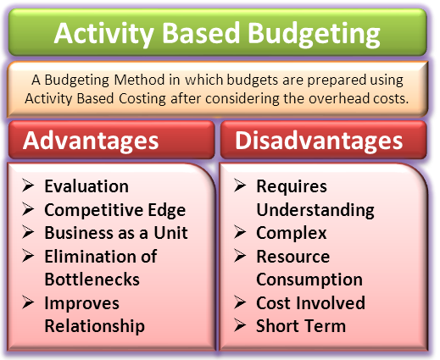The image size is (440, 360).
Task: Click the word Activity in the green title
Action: point(103,34)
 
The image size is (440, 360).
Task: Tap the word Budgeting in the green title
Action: point(314,34)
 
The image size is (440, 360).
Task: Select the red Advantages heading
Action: point(91,141)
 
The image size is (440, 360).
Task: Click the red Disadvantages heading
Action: point(319,140)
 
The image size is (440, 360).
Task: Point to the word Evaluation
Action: point(86,186)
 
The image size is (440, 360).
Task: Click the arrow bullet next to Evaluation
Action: point(28,186)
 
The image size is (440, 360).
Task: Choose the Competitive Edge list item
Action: point(115,210)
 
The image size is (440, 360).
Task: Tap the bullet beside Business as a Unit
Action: point(28,232)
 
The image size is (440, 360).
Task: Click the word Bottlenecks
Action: point(92,280)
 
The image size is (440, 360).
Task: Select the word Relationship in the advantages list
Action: point(95,326)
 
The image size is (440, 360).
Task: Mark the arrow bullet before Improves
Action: point(28,302)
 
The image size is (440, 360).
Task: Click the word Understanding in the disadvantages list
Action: point(315,210)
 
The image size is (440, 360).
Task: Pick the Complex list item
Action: point(292,234)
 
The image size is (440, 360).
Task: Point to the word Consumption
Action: point(309,280)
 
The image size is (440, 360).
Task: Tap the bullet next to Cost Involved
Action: point(240,302)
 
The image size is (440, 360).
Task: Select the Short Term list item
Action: point(301,326)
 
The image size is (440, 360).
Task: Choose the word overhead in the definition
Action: point(338,98)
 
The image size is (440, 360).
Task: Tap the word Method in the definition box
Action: point(139,80)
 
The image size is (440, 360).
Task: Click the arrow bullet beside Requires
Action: point(240,186)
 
